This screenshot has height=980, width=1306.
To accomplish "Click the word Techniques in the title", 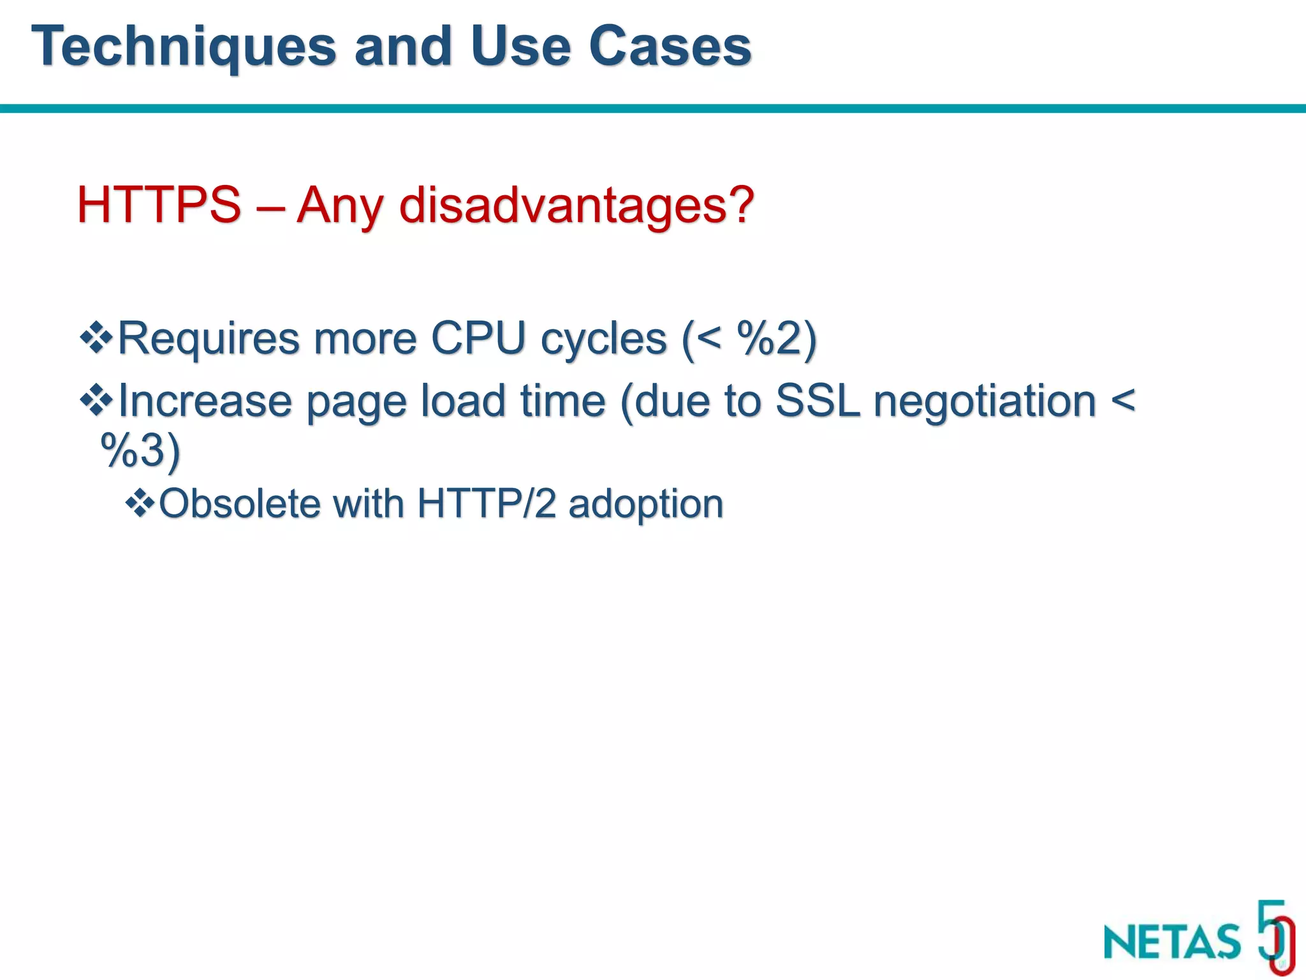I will coord(184,47).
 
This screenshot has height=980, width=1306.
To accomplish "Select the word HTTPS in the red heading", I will coord(159,205).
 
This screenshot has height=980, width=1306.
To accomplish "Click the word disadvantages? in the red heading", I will coord(577,206).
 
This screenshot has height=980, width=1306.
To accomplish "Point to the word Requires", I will coord(209,338).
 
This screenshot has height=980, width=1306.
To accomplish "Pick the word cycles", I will coord(603,338).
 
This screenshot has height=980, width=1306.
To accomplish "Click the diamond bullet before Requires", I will coord(96,338).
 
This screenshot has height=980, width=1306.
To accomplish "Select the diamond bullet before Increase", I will coord(96,400).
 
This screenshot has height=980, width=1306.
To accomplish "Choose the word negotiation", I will coord(985,402).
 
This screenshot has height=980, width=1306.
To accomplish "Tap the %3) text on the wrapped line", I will coord(140,450).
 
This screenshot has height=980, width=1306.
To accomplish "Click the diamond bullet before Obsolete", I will coord(140,503).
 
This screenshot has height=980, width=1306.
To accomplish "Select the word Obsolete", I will coord(239,503).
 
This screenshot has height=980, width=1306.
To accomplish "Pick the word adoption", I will coord(645,505).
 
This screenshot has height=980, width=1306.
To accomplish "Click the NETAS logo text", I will coord(1172,941).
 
